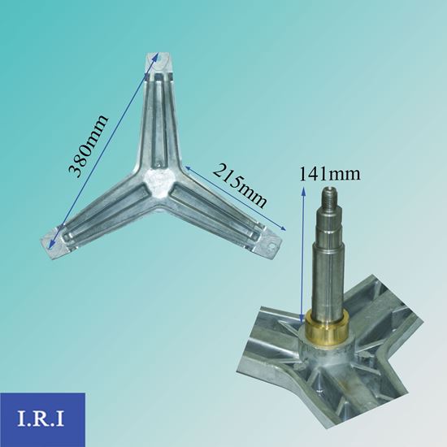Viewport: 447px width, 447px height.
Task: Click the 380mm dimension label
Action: pyautogui.click(x=89, y=145)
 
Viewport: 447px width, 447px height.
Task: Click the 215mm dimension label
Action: pyautogui.click(x=240, y=185)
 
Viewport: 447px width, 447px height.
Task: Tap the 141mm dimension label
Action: pyautogui.click(x=330, y=173)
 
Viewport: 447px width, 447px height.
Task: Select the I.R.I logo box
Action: pyautogui.click(x=42, y=419)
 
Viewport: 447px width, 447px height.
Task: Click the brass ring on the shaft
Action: pyautogui.click(x=326, y=324)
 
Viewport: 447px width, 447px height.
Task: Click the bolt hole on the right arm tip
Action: pyautogui.click(x=274, y=245)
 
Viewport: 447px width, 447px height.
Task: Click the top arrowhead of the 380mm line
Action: pyautogui.click(x=155, y=55)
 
